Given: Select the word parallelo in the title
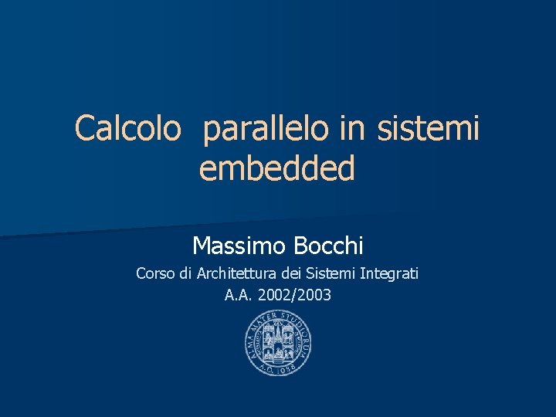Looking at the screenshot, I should [267, 129].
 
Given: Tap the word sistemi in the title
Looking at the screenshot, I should [429, 129].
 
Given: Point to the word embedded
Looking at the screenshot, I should [277, 168].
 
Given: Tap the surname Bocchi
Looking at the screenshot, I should [328, 246].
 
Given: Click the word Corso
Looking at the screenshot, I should [154, 273].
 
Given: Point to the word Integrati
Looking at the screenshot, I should [389, 273].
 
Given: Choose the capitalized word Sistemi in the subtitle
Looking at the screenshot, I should [331, 273].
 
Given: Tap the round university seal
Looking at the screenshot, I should [278, 347].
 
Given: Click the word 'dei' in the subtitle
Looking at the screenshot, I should [291, 273].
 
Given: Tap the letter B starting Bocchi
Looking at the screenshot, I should [300, 246].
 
